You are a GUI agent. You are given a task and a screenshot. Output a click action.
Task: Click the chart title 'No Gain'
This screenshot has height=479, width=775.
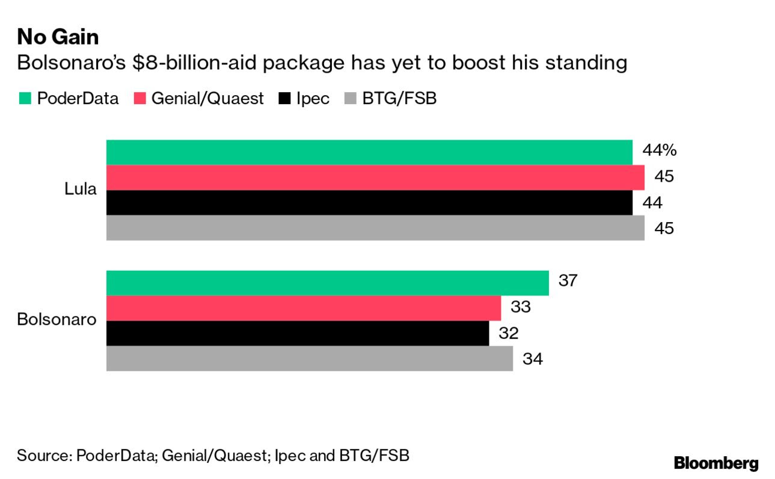pyautogui.click(x=58, y=37)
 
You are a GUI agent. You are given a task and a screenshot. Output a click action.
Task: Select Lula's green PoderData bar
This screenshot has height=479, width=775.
pyautogui.click(x=369, y=152)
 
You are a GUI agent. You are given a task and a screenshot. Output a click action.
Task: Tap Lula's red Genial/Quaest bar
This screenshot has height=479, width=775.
pyautogui.click(x=375, y=178)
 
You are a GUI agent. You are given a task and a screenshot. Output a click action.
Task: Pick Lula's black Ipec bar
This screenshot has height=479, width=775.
pyautogui.click(x=369, y=203)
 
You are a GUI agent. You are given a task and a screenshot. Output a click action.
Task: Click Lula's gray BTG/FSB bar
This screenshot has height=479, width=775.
pyautogui.click(x=375, y=228)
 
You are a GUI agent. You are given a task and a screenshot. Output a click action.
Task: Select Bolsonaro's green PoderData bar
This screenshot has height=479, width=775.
pyautogui.click(x=328, y=283)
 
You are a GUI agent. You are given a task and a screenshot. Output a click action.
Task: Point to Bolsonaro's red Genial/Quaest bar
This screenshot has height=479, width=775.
pyautogui.click(x=304, y=308)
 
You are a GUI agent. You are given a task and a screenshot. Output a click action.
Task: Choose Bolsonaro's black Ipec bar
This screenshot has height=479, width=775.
pyautogui.click(x=298, y=333)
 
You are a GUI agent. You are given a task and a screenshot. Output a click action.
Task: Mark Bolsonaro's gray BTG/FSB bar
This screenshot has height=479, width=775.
pyautogui.click(x=310, y=359)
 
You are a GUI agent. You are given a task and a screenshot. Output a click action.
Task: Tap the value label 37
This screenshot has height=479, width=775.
pyautogui.click(x=568, y=281)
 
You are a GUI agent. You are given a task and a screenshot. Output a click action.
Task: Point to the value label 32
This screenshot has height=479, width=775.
pyautogui.click(x=508, y=333)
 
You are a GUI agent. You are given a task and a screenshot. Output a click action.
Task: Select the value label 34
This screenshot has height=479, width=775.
pyautogui.click(x=533, y=359)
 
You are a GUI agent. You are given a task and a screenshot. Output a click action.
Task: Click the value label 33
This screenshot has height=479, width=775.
pyautogui.click(x=521, y=307)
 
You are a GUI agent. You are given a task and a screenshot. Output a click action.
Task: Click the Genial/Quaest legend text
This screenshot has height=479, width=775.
pyautogui.click(x=207, y=99)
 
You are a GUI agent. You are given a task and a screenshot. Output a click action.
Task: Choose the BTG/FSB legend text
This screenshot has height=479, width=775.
pyautogui.click(x=399, y=99)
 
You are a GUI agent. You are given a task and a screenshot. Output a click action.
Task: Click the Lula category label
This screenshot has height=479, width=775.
pyautogui.click(x=81, y=190)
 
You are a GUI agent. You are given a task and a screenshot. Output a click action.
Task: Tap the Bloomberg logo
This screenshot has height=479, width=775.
pyautogui.click(x=716, y=463)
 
